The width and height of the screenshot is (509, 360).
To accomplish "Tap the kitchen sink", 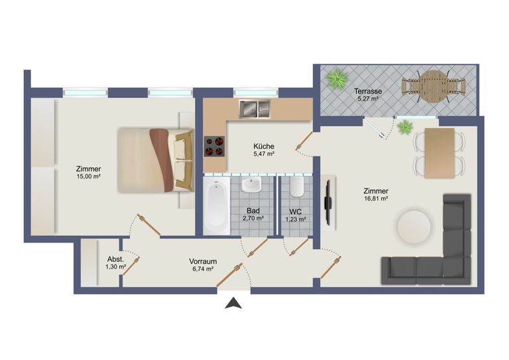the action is [254, 109].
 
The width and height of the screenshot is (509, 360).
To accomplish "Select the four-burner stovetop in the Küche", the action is [214, 147].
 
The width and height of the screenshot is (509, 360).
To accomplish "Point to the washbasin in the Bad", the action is [251, 184].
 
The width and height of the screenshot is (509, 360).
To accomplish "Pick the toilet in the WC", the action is [297, 187].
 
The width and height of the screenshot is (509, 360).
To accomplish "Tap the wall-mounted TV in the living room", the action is [328, 204].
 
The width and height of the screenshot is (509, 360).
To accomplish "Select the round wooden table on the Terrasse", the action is [433, 87].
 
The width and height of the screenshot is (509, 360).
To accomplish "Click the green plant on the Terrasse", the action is [336, 79].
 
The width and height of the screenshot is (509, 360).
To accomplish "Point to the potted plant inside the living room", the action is [405, 127].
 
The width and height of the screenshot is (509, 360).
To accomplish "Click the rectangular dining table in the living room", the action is [439, 153].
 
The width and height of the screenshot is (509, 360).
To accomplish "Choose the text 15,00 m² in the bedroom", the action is [88, 176].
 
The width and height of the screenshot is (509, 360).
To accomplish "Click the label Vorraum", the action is [203, 261].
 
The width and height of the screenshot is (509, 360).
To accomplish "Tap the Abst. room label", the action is [115, 259].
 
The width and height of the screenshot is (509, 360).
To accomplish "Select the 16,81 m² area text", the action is [376, 199].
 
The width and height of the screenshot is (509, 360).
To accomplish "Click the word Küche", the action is [264, 146].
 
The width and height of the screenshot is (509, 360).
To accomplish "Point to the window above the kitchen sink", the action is [256, 93].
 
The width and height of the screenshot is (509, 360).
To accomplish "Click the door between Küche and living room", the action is [304, 142].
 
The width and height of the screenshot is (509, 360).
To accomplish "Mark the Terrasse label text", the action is [368, 91].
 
